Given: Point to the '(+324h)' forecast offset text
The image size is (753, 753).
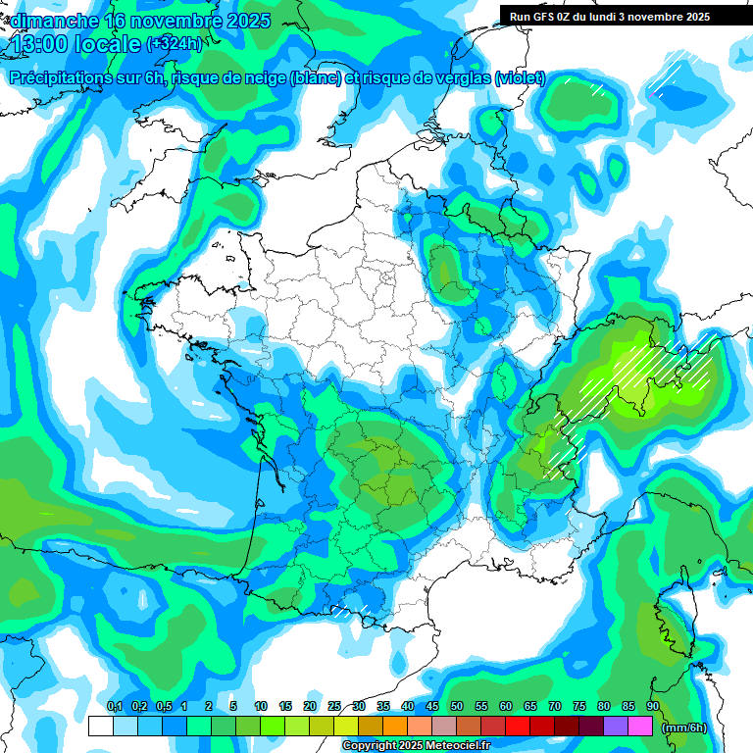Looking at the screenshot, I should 174,44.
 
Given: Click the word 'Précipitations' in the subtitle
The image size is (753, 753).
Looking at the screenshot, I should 61,78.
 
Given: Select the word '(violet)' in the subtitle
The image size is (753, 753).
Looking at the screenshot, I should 520,78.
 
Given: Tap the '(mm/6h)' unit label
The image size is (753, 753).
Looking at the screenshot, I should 685,727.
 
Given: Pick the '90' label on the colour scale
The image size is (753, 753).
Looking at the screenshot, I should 653,707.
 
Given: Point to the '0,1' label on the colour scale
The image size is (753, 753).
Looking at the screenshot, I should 114,707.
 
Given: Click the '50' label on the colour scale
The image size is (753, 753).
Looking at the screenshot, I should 457,707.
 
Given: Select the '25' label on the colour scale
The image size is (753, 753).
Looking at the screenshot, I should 334,707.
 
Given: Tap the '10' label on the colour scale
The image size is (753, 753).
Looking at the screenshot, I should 261,707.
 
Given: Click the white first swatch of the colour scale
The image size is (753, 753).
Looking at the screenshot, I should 101,727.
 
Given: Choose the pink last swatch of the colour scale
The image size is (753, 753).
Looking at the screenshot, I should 640,727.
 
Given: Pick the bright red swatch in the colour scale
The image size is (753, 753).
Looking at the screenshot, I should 518,727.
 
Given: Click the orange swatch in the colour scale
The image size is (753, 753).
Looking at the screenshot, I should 395,727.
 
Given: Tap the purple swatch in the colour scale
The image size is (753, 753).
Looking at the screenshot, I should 616,727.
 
